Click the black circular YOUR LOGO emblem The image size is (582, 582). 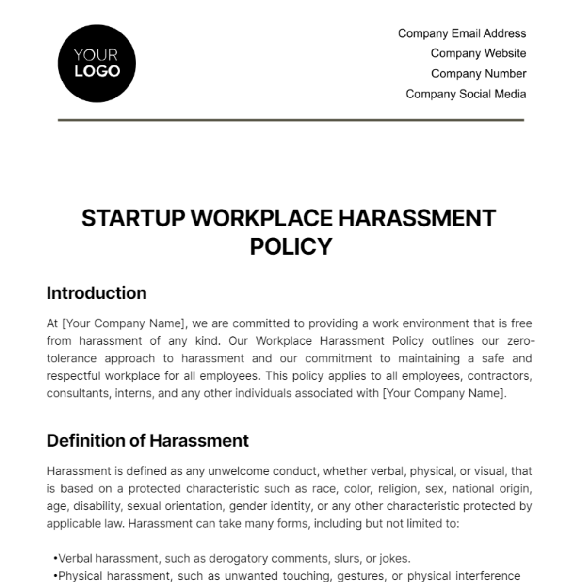coord(97,64)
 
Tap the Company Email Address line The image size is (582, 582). coord(462,33)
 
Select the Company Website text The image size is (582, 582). coord(478,53)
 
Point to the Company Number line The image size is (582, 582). coord(478,74)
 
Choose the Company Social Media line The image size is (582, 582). coord(466,94)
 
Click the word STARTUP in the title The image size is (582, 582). coord(133,218)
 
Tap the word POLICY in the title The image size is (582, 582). coord(291,246)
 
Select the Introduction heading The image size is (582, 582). coord(97,293)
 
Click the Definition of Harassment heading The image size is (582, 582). coord(147,441)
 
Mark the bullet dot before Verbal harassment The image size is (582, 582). coord(56,559)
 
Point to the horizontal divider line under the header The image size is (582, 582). coord(291,120)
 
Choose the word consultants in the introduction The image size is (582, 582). coord(79,393)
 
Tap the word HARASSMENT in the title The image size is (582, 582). coord(417,218)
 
